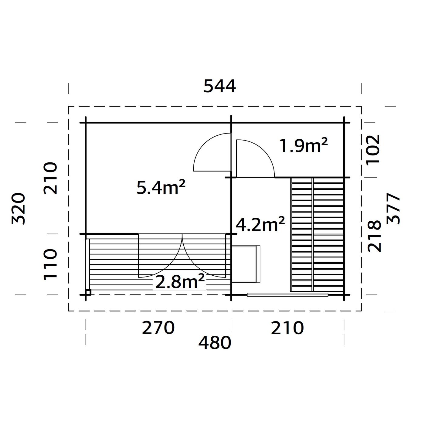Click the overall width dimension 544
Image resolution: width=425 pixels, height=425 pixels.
[219, 86]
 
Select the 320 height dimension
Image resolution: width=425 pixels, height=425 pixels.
[18, 208]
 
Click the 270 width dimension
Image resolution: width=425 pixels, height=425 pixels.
[158, 328]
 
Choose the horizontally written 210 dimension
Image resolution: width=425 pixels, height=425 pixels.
[287, 328]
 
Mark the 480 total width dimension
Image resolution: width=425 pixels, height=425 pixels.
[215, 343]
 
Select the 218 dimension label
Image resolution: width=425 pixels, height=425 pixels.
[374, 236]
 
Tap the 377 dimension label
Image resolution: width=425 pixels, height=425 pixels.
[394, 209]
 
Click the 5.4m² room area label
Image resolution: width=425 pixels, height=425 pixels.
[161, 188]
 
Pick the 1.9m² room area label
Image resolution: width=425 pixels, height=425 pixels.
[303, 146]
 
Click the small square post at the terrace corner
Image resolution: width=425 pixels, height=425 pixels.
[88, 292]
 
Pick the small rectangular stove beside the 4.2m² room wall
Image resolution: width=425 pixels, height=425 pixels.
[246, 264]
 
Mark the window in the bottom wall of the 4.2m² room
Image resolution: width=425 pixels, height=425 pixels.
[287, 294]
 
